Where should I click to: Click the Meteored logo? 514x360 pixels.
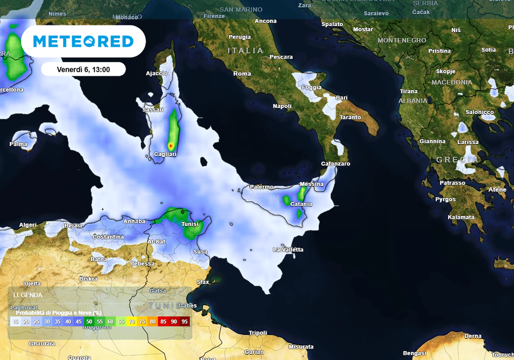(83, 41)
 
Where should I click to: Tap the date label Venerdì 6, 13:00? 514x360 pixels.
(83, 69)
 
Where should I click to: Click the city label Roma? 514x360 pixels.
(242, 74)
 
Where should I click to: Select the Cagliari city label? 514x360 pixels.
(165, 155)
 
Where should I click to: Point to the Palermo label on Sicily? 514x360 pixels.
(262, 187)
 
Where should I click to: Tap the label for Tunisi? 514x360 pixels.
(190, 224)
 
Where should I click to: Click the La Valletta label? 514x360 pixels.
(288, 250)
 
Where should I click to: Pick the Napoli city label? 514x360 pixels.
(282, 106)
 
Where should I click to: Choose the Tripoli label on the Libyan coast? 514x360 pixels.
(259, 333)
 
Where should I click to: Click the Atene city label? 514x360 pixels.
(497, 190)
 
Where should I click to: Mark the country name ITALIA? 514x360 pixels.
(245, 51)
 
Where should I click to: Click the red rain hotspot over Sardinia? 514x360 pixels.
(171, 146)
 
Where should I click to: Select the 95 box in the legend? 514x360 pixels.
(185, 321)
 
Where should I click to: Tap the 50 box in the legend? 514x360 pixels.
(89, 321)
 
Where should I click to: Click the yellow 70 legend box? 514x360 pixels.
(132, 321)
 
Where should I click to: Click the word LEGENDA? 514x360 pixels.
(28, 295)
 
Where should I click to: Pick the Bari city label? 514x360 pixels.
(342, 98)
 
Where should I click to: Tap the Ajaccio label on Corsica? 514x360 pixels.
(157, 73)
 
